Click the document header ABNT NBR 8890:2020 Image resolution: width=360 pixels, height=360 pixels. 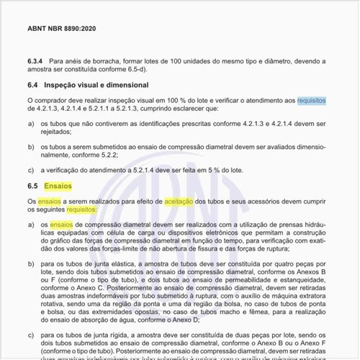click(60, 28)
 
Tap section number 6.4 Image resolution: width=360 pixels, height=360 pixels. click(34, 86)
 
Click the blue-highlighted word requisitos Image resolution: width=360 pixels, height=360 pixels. click(312, 100)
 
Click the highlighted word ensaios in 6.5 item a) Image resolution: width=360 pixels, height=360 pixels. click(61, 225)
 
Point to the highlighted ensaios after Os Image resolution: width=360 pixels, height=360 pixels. click(50, 201)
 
